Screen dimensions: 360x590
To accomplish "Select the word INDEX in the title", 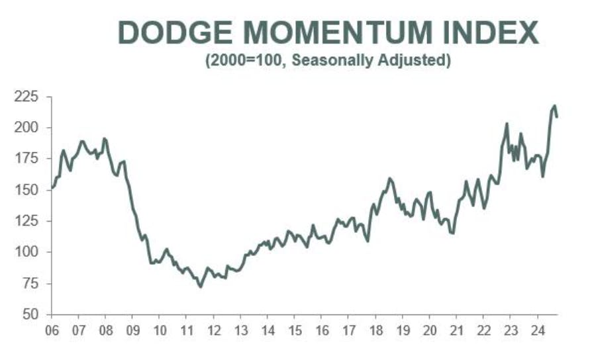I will [x=492, y=33].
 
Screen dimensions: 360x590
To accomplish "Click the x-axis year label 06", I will [x=52, y=330].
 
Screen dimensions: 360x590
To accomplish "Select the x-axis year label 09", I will [x=132, y=330].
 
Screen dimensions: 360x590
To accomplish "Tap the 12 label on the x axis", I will [x=213, y=330].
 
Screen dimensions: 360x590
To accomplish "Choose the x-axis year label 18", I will [x=375, y=330].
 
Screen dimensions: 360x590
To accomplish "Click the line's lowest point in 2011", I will [x=201, y=286].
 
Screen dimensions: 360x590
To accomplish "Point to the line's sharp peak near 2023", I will [x=507, y=124].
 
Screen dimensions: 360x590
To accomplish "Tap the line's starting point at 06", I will [x=52, y=187].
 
